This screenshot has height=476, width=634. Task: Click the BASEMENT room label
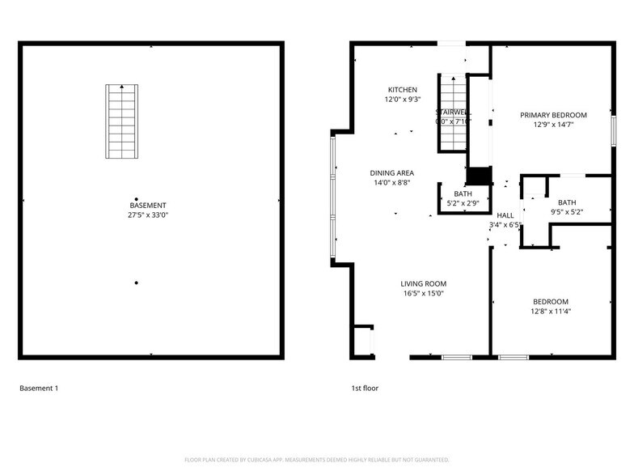148,206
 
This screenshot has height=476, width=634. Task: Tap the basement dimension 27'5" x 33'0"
148,215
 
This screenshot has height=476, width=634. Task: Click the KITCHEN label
402,90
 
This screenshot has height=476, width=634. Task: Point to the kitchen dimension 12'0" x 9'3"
402,100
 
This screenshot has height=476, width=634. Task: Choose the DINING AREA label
392,173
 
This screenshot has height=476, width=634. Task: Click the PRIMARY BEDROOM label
553,115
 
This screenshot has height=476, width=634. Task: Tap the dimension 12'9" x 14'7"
553,125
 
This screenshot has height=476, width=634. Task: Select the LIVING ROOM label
424,283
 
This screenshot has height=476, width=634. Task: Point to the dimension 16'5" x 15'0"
424,293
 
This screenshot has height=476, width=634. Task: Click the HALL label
505,215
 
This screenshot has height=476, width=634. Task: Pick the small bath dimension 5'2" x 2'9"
463,204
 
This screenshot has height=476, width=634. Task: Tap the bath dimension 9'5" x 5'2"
567,212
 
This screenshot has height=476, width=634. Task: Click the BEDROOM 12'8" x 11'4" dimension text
550,311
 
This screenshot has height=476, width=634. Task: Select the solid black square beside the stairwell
480,177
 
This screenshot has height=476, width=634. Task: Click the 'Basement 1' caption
39,389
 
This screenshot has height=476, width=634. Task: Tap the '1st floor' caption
365,389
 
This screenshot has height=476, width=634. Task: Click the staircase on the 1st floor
453,113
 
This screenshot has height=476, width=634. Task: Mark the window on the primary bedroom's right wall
613,131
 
